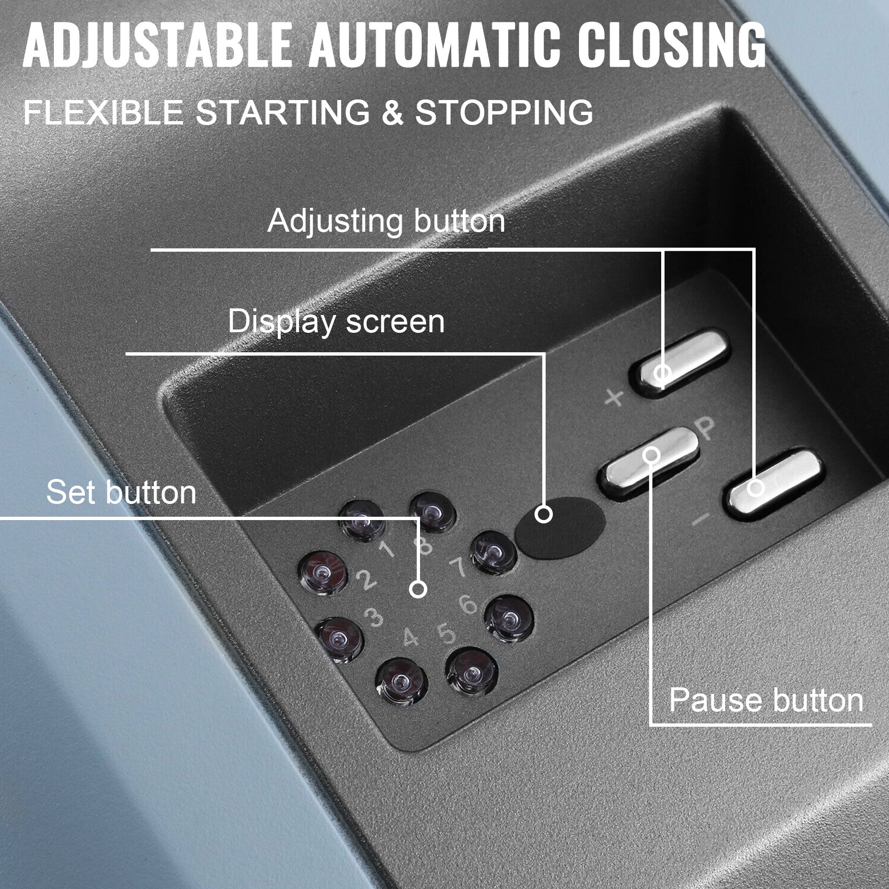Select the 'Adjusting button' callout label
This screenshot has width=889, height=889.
[386, 221]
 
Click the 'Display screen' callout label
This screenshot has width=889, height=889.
[336, 322]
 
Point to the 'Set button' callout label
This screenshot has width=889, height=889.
[121, 492]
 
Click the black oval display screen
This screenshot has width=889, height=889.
[560, 520]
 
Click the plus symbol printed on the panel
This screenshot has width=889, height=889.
[615, 398]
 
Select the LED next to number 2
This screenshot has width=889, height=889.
[323, 572]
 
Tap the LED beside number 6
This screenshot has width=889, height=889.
[509, 617]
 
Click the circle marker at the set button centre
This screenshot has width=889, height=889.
[418, 589]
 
